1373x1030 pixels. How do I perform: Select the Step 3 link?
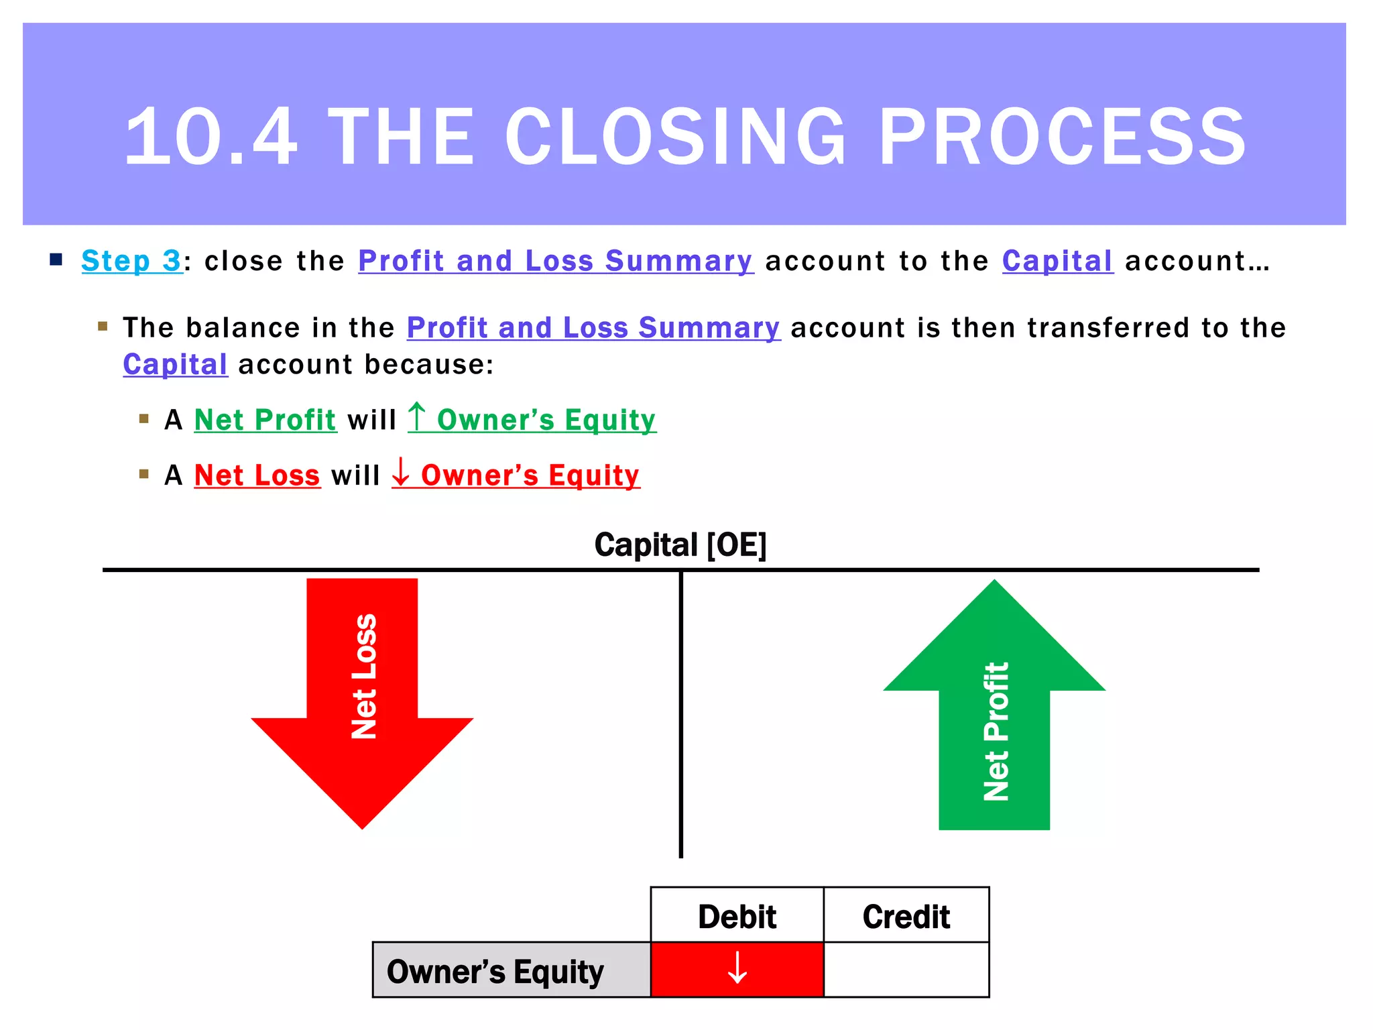coord(131,261)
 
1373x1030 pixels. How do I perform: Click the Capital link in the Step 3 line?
coord(1057,261)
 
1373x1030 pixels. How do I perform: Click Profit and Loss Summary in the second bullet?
coord(593,328)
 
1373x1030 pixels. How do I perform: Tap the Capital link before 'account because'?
coord(175,365)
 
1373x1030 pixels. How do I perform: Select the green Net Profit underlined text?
coord(265,420)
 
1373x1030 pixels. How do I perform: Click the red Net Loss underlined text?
coord(257,475)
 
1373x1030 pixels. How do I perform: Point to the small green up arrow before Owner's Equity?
coord(417,416)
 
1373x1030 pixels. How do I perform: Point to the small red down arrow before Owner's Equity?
coord(401,472)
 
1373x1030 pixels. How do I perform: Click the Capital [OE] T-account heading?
coord(680,545)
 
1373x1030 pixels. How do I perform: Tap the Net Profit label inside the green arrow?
coord(996,731)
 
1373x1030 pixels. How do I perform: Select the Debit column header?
coord(737,916)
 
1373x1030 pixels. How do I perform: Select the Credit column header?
coord(906,916)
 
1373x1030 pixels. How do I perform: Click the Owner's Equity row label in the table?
coord(495,971)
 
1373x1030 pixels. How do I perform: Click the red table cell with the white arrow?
coord(737,970)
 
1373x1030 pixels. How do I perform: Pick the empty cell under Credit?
coord(906,970)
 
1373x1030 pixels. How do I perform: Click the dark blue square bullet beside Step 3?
coord(56,260)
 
